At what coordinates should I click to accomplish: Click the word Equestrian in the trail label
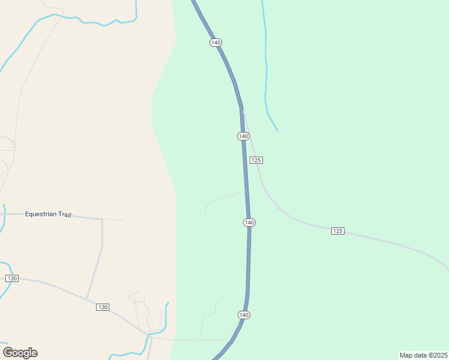40,214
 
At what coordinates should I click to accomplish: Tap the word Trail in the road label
63,214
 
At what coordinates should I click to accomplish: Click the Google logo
20,353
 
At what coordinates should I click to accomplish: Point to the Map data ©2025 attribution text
424,355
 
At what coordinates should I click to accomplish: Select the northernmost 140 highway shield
216,43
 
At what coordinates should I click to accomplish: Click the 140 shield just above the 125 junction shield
243,136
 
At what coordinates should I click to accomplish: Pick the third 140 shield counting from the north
250,223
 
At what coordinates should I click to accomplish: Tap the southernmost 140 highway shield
244,315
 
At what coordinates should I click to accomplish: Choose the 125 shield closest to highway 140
256,160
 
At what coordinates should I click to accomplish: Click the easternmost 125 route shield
338,231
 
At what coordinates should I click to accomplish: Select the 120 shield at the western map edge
12,278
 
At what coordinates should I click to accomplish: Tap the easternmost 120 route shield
103,307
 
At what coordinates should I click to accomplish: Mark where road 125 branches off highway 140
242,110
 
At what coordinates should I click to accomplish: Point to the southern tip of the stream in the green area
277,130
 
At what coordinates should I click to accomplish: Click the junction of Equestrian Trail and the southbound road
103,219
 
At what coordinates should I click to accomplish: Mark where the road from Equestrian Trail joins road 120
88,299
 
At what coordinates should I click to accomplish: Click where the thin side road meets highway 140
246,192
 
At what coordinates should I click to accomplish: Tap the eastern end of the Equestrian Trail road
124,220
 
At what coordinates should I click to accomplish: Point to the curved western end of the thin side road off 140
206,212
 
